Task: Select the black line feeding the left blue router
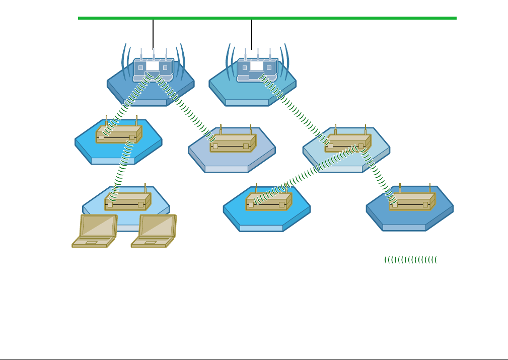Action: pos(153,33)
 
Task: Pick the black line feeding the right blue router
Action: pos(251,33)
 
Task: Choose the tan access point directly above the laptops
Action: pos(127,202)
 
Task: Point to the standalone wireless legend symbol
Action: pos(410,260)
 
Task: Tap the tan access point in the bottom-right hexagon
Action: pos(412,202)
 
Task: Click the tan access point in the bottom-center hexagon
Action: pos(268,202)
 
